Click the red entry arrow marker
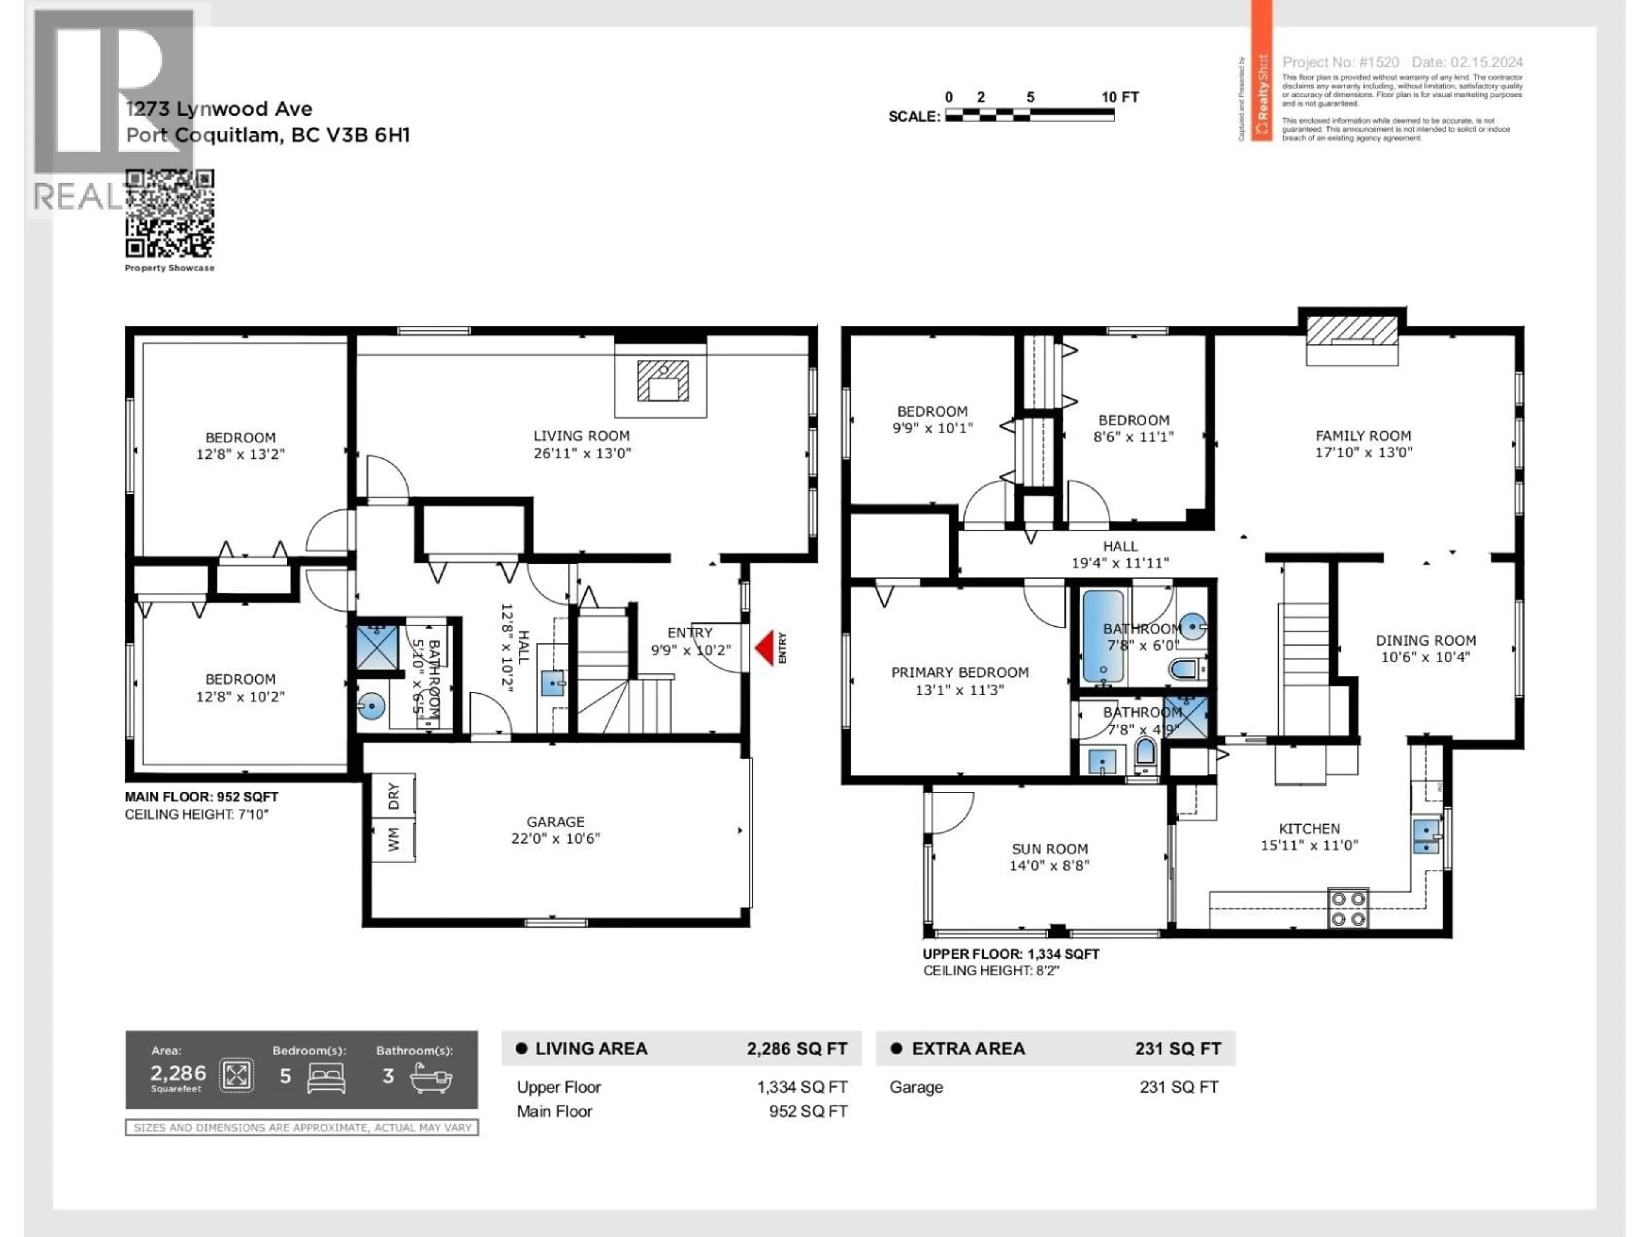[764, 648]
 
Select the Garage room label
[555, 822]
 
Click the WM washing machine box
[393, 839]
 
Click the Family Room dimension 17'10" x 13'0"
[1363, 452]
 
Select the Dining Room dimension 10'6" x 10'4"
[1425, 657]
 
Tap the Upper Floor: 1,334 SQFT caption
[1011, 954]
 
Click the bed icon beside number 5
[326, 1077]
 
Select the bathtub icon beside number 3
[431, 1077]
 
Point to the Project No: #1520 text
[1341, 63]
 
